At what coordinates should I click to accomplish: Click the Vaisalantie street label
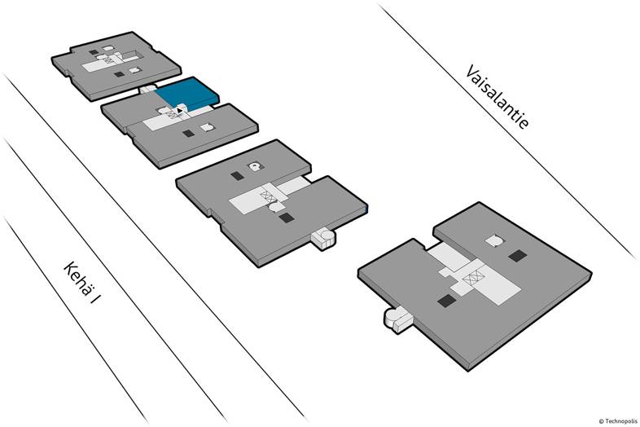point(498,97)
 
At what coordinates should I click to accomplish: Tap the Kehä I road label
point(81,283)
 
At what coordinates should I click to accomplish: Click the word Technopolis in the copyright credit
point(620,421)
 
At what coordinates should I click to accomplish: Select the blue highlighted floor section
point(187,95)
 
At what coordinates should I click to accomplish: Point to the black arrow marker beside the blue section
point(180,110)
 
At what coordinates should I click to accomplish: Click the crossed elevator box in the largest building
point(473,279)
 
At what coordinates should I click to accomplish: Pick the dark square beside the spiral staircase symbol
point(237,176)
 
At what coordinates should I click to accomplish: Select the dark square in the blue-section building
point(188,133)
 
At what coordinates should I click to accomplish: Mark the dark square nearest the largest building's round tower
point(446,301)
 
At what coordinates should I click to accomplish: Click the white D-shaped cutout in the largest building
point(494,240)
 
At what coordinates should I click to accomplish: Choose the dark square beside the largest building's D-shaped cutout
point(518,256)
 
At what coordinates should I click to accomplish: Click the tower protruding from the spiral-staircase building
point(324,238)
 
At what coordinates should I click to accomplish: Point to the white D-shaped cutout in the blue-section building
point(208,127)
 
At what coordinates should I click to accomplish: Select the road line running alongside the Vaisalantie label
point(507,131)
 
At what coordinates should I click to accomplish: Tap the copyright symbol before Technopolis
point(601,421)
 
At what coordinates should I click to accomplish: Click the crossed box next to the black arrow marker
point(173,115)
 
